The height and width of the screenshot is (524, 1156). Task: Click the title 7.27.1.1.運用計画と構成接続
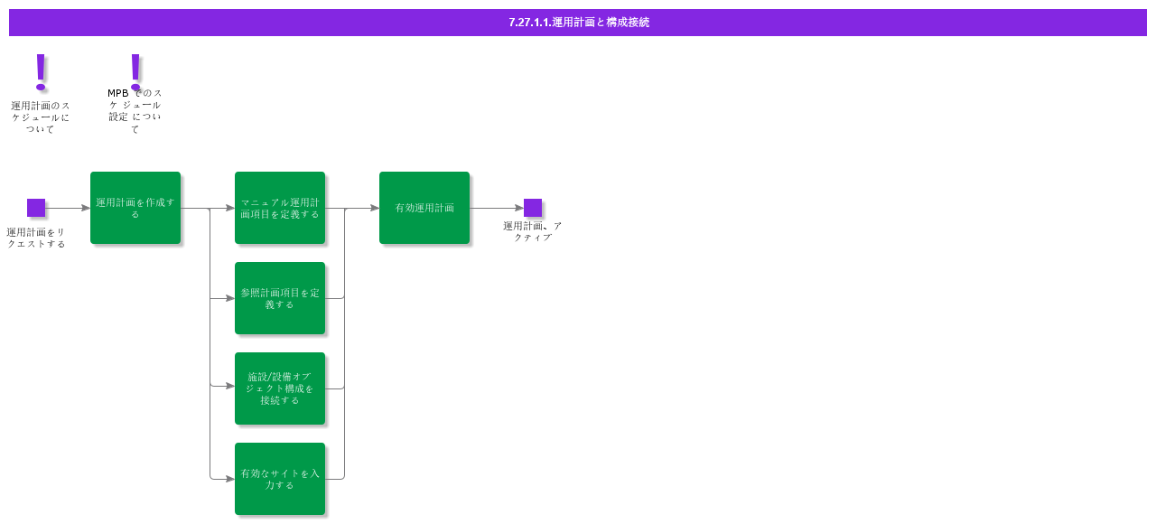[578, 23]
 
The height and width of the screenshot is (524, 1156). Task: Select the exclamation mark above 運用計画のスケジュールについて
[40, 71]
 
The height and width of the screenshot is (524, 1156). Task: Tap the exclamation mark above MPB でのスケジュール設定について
[135, 71]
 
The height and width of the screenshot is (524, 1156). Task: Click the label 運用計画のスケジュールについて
[40, 117]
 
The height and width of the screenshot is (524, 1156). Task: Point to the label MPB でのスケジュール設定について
[135, 111]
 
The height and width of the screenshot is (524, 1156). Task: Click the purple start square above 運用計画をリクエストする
[36, 208]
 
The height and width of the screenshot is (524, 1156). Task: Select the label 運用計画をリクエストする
[36, 238]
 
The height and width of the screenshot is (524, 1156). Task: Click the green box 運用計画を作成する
[135, 208]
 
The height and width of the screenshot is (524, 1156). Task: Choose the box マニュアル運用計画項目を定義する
[280, 208]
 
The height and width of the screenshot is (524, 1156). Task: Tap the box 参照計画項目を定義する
[280, 298]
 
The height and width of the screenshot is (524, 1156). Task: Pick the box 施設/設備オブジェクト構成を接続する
[280, 388]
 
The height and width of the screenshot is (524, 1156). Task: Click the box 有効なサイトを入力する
[280, 479]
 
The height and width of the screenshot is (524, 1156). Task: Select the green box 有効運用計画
[424, 208]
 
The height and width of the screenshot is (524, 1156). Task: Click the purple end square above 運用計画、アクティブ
[533, 208]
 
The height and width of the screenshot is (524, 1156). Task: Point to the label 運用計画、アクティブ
[533, 231]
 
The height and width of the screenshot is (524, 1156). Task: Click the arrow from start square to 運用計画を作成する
[68, 208]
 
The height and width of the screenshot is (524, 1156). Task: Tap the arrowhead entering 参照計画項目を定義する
[229, 298]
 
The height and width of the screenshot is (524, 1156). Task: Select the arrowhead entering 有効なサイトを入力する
[229, 479]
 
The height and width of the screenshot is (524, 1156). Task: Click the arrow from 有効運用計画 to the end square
[497, 208]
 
